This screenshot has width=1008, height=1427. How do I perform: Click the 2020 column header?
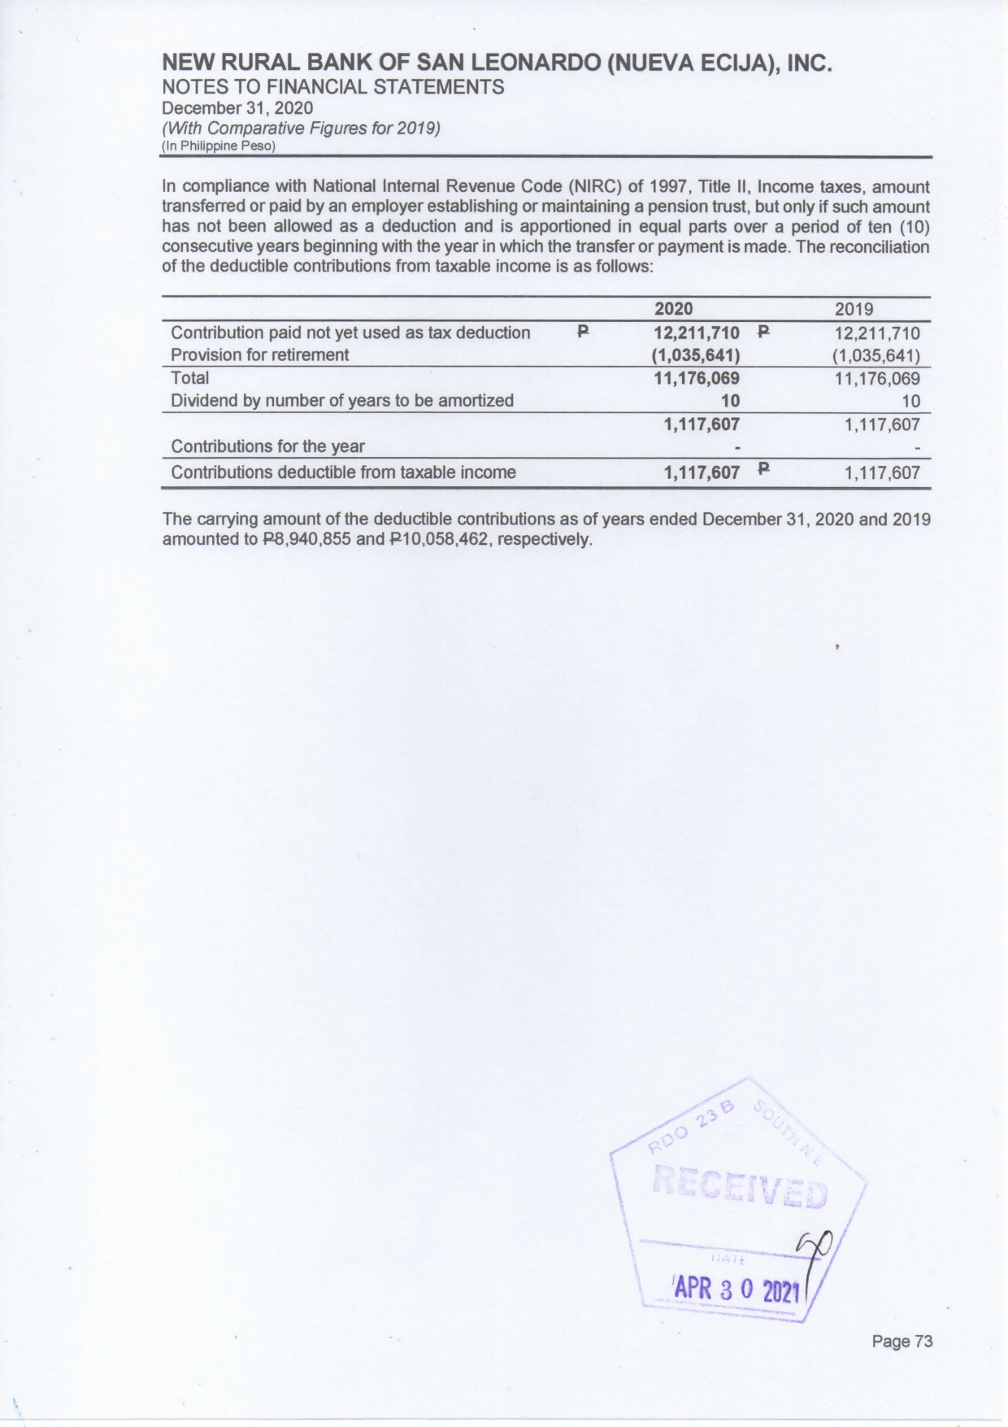tap(674, 309)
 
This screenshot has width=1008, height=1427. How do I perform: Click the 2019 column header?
tap(854, 309)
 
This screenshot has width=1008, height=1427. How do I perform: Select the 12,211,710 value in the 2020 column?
tap(697, 333)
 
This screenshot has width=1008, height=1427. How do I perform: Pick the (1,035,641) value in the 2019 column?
tap(875, 355)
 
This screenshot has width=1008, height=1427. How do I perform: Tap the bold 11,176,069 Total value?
tap(697, 378)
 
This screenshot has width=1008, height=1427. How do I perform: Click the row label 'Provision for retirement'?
tap(259, 355)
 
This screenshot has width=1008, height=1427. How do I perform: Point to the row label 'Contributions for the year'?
tap(267, 446)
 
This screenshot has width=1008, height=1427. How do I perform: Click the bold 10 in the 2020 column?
tap(730, 401)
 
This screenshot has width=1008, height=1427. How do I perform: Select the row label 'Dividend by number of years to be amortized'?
tap(341, 401)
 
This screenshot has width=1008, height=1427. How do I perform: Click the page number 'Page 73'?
tap(902, 1341)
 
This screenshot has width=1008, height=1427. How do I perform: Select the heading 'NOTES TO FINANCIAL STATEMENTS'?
tap(333, 87)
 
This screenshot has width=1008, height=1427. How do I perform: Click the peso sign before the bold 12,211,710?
tap(582, 332)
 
